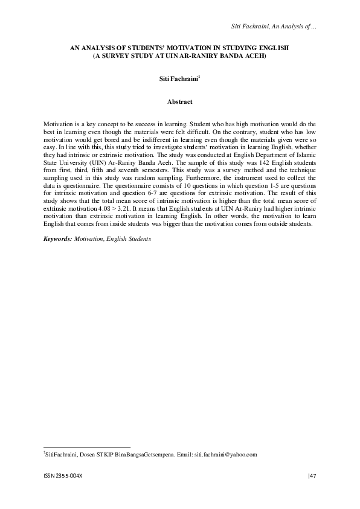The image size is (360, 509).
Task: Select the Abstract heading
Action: click(x=179, y=102)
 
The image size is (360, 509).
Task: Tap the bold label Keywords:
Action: click(x=58, y=239)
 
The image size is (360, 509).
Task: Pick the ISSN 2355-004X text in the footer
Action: click(x=63, y=476)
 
